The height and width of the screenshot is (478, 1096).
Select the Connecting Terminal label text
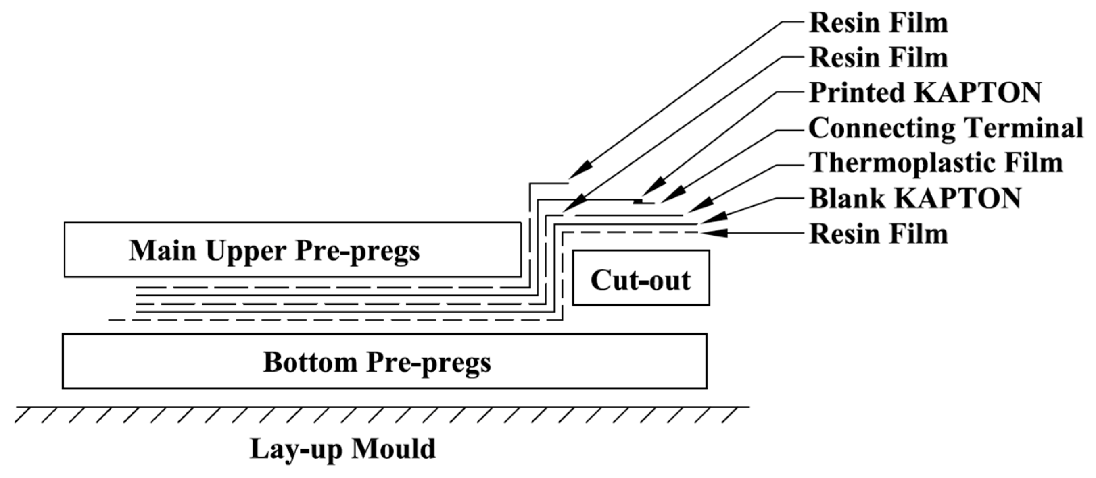pyautogui.click(x=946, y=128)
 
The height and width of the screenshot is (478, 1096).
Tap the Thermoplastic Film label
pyautogui.click(x=935, y=163)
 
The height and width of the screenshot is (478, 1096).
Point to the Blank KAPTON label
pyautogui.click(x=915, y=199)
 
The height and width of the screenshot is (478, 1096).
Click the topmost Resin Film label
pyautogui.click(x=879, y=23)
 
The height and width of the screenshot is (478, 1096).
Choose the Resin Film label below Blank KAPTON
pyautogui.click(x=879, y=234)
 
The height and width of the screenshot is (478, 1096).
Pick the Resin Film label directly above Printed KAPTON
pyautogui.click(x=879, y=58)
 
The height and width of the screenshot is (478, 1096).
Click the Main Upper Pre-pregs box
pyautogui.click(x=293, y=250)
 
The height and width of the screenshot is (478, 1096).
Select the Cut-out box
pyautogui.click(x=641, y=278)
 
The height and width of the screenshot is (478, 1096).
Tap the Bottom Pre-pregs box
pyautogui.click(x=384, y=362)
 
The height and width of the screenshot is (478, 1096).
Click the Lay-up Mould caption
pyautogui.click(x=343, y=449)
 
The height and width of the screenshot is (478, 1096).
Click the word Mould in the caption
pyautogui.click(x=394, y=449)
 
